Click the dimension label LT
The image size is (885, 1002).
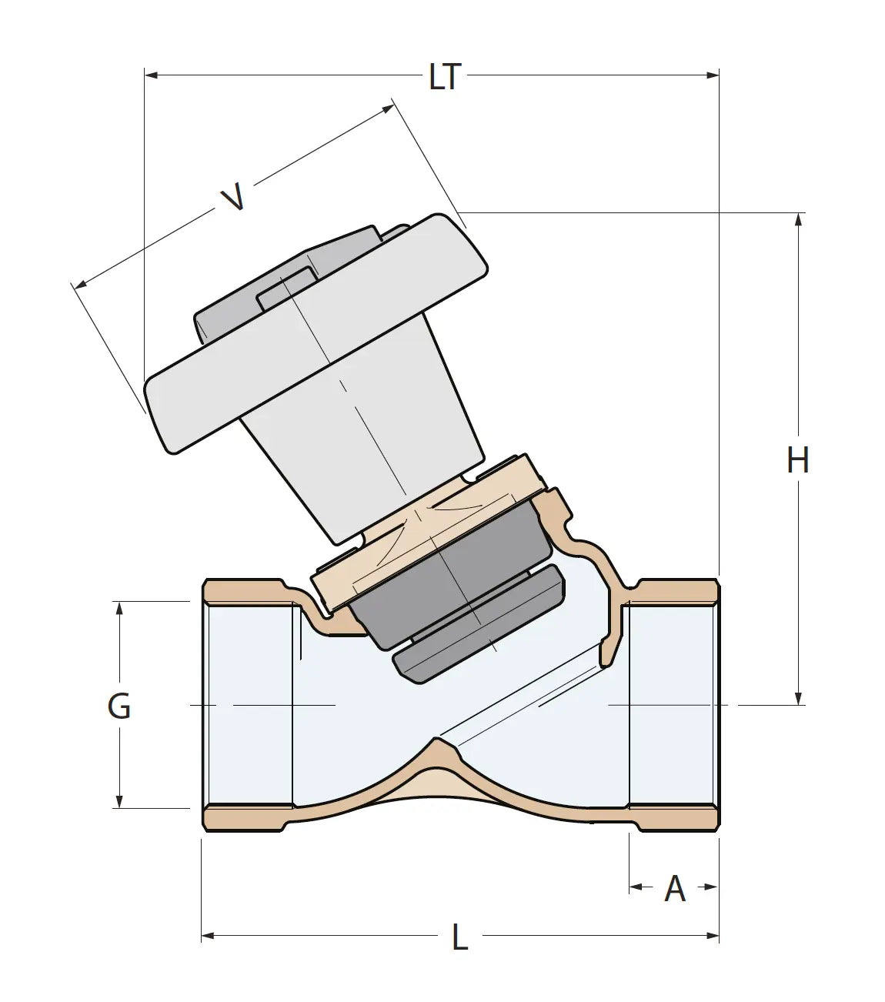click(445, 77)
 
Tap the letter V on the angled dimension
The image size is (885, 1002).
click(233, 197)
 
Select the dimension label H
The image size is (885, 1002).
click(798, 460)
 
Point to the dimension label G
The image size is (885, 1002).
click(119, 706)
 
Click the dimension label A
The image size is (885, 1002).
click(675, 889)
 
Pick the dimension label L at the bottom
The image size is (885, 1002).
click(459, 937)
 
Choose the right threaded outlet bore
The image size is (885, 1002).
click(673, 704)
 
